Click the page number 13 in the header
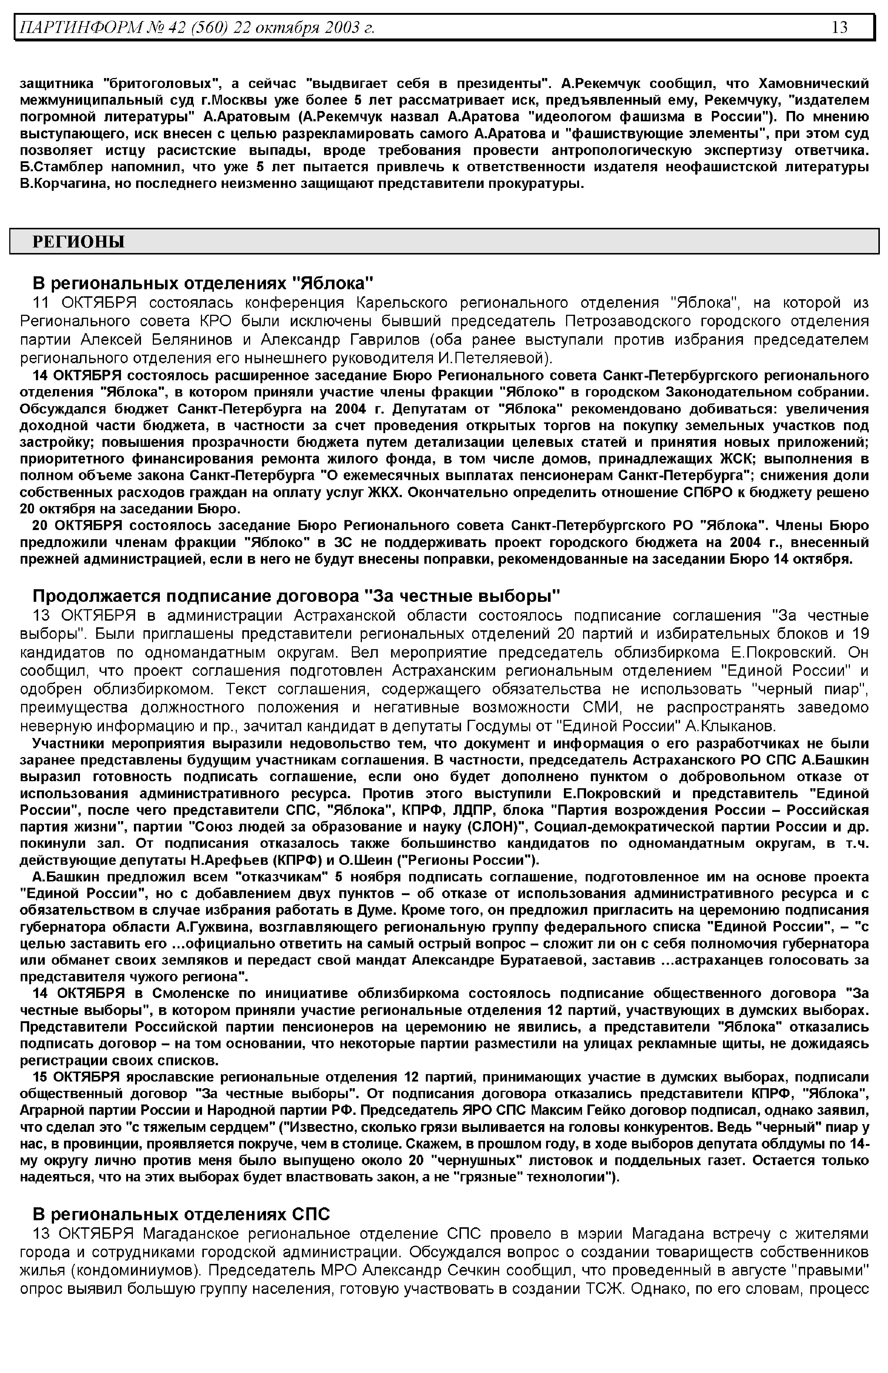(x=840, y=27)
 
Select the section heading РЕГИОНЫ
(x=78, y=242)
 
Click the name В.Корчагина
(x=60, y=185)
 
